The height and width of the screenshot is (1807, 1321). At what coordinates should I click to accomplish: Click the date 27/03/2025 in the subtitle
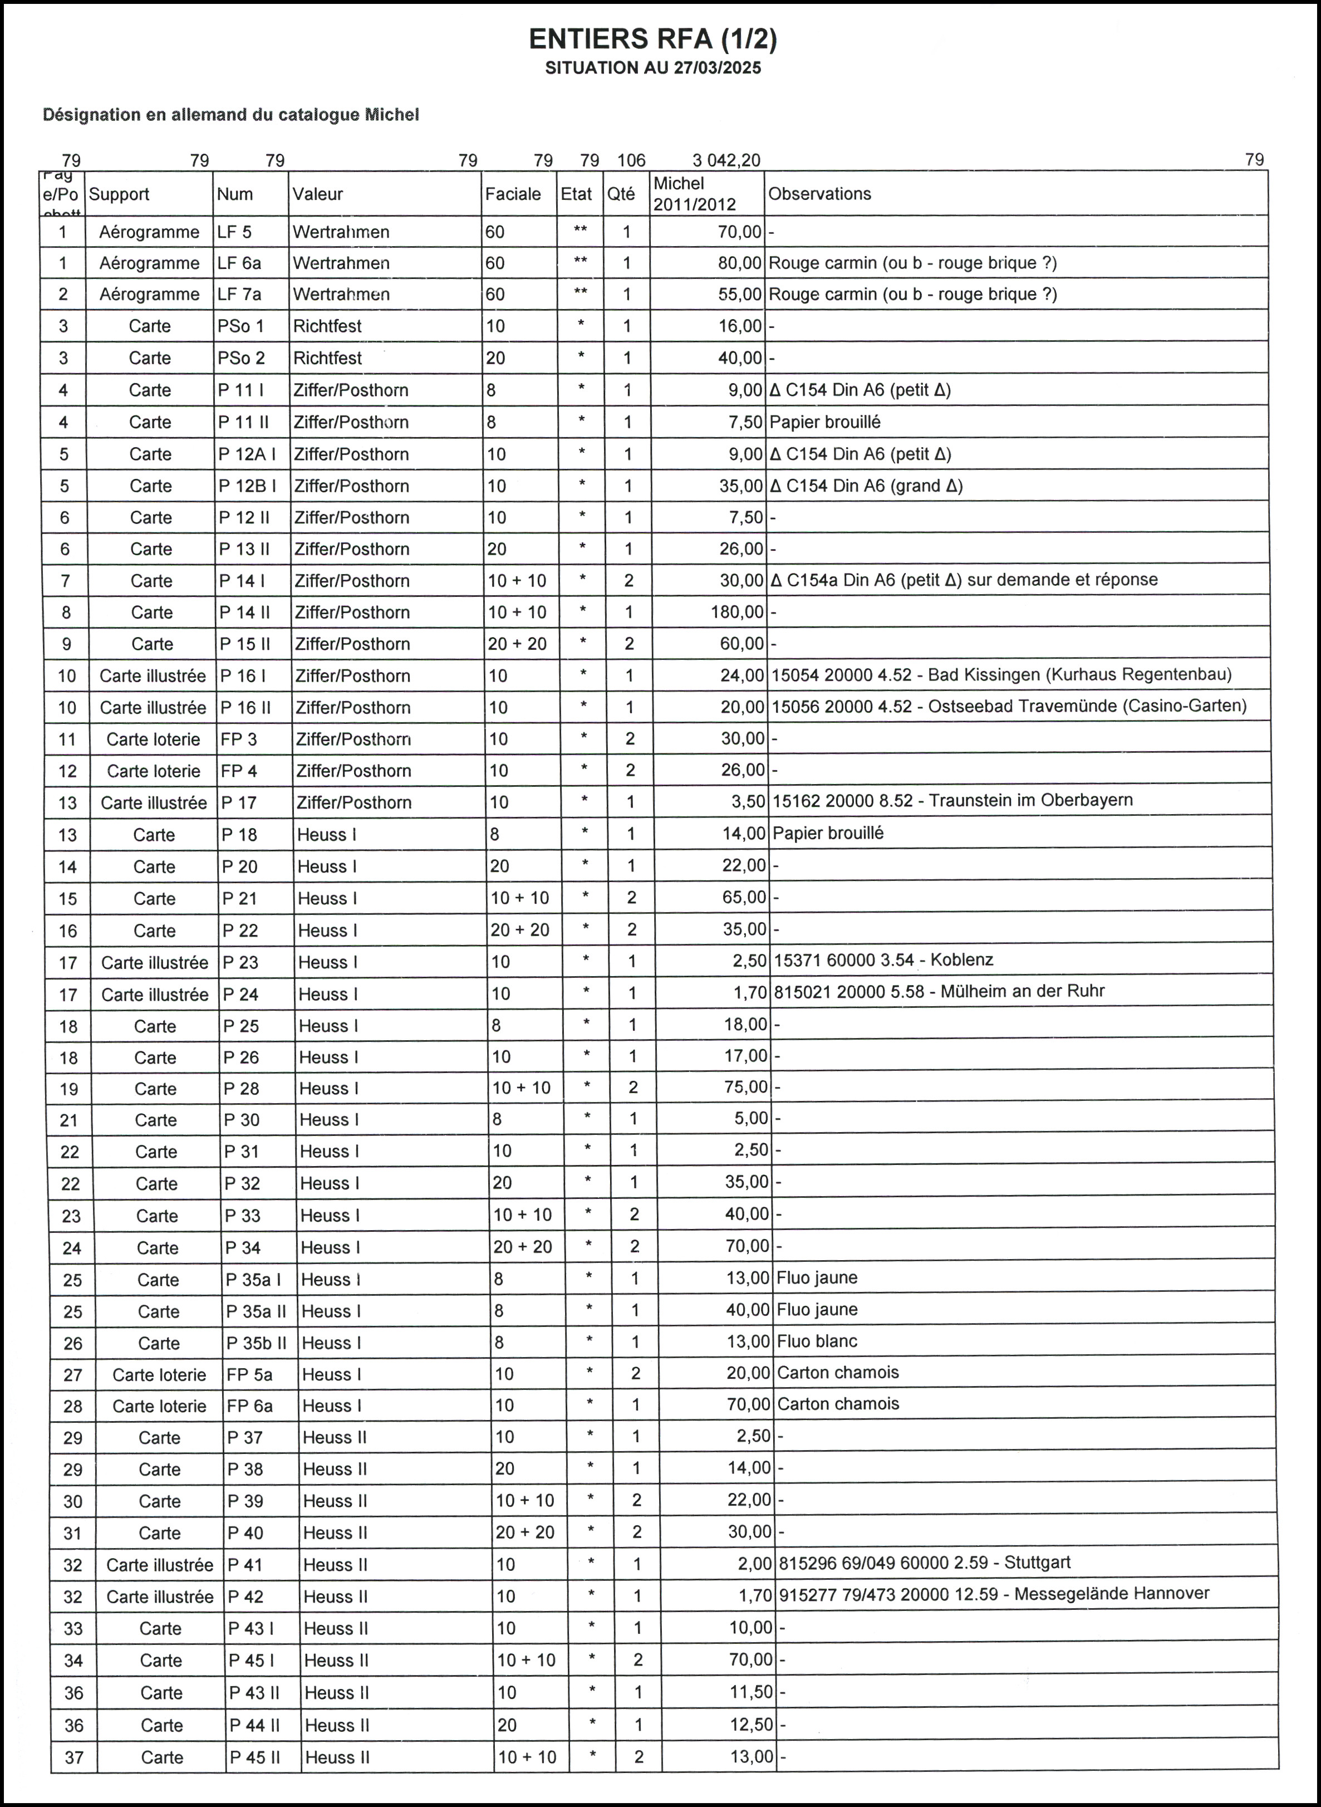(716, 68)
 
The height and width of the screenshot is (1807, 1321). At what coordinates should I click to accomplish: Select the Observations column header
(819, 194)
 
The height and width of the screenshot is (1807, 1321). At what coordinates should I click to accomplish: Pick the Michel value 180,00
(737, 612)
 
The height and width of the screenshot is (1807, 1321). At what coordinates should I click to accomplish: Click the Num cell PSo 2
(240, 358)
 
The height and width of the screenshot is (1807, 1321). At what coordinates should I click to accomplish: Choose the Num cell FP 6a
(249, 1406)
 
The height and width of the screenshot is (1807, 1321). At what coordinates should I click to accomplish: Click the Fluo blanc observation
(817, 1341)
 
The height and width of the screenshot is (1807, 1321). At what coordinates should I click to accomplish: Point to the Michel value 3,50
(749, 801)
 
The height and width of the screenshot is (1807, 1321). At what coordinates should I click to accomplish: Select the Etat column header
(576, 194)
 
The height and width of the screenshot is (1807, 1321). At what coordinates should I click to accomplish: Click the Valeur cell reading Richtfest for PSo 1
(327, 326)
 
